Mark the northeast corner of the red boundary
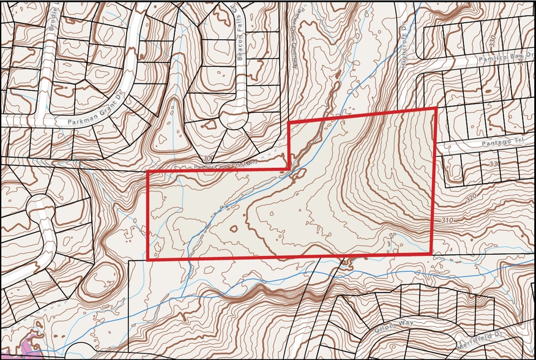click(435, 108)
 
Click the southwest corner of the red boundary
click(148, 259)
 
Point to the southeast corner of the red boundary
click(431, 253)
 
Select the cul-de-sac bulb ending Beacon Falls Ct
click(234, 116)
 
